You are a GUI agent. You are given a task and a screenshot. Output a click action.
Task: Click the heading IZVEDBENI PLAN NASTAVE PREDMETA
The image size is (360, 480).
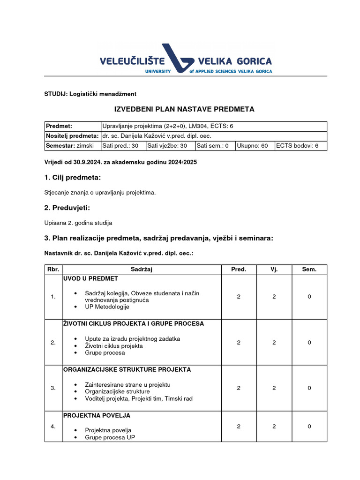[185, 109]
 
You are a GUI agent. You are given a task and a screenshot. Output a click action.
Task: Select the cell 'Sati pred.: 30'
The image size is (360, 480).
[123, 146]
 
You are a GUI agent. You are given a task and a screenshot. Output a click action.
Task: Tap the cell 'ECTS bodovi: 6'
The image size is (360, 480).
[300, 146]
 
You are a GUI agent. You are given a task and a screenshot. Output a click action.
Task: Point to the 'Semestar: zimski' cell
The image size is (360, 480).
[73, 146]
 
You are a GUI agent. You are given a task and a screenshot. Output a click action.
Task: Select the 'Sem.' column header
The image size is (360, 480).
[309, 269]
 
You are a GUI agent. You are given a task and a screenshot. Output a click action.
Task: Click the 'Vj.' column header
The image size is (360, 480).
[274, 269]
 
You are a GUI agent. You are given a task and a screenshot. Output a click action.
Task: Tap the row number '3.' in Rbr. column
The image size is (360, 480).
[53, 388]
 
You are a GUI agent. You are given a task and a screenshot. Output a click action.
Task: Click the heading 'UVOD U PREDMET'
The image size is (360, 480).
[91, 278]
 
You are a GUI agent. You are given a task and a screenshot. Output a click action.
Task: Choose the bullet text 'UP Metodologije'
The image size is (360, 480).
[107, 307]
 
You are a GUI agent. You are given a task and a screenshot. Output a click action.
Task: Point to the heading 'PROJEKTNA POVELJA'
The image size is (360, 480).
[97, 415]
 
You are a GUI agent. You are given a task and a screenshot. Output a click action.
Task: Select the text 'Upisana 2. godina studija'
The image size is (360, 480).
[78, 223]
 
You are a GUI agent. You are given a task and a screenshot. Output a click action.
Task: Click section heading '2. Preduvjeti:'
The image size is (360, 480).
[67, 208]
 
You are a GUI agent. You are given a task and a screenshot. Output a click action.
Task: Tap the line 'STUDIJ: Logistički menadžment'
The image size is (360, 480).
[90, 94]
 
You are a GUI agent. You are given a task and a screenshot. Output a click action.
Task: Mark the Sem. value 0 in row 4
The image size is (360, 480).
[309, 427]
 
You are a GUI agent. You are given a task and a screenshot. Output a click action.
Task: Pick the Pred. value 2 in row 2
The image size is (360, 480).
[239, 343]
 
